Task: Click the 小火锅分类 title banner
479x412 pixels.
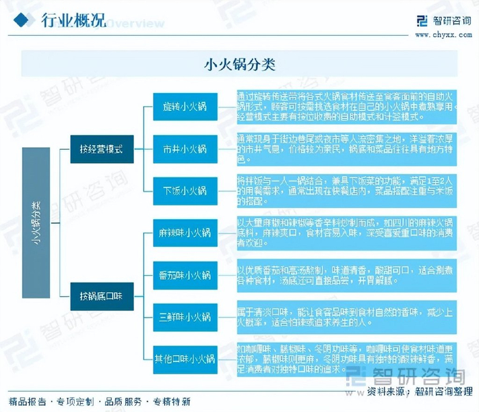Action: click(239, 65)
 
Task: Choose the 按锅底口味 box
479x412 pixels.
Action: click(101, 296)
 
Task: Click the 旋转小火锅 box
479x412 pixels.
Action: click(185, 107)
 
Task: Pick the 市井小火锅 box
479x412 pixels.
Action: click(185, 149)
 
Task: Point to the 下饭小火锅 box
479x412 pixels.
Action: click(185, 190)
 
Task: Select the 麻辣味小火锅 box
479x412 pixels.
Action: click(185, 233)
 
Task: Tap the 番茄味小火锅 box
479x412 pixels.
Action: click(185, 275)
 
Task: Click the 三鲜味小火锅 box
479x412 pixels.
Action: click(185, 317)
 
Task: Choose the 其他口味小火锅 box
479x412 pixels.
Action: click(185, 359)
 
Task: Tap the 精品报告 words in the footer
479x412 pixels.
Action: click(27, 402)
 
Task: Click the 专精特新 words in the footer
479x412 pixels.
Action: click(172, 402)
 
